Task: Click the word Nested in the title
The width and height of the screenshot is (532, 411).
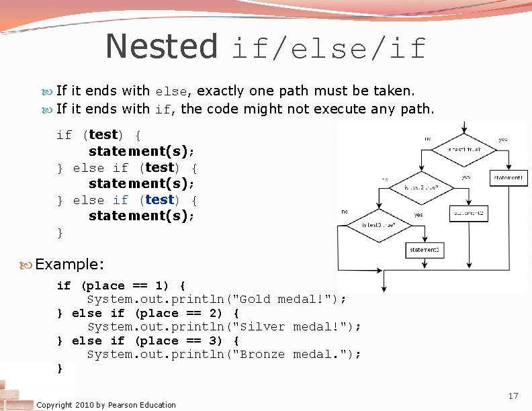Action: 161,46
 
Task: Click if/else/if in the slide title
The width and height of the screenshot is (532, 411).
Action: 328,48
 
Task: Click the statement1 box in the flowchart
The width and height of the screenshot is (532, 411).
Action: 508,178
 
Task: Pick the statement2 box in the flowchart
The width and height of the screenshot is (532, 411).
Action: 468,214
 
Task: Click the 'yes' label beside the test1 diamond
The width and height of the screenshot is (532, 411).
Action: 503,140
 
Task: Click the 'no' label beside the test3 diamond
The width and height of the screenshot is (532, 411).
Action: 345,211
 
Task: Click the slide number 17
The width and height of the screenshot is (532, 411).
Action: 514,396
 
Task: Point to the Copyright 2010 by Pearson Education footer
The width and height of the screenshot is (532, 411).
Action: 106,404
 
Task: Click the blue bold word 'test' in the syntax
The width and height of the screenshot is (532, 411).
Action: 159,199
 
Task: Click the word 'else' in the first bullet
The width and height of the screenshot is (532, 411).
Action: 171,91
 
